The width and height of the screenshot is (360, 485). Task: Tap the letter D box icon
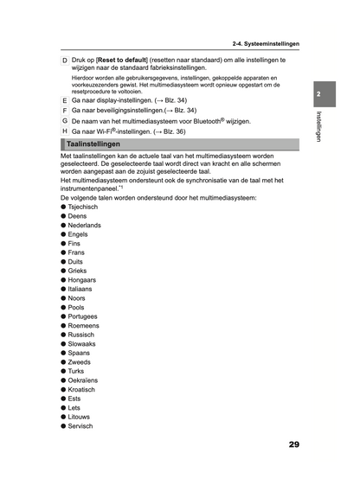[x=65, y=61]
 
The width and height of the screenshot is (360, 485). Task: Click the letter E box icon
[x=65, y=101]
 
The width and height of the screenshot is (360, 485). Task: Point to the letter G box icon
[x=65, y=121]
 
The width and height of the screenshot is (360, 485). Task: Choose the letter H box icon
[x=65, y=131]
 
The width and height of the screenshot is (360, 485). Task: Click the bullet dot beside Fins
[x=63, y=244]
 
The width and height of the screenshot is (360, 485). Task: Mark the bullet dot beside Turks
[x=63, y=371]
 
